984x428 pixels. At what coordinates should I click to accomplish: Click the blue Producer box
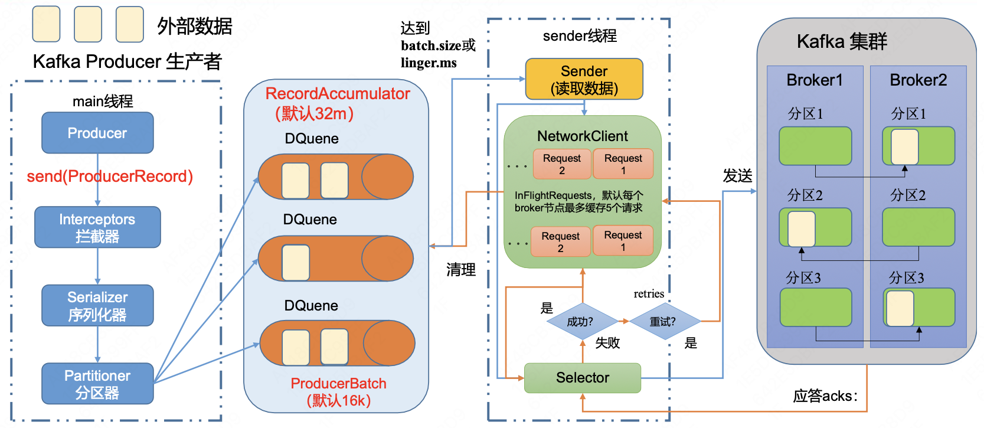click(x=97, y=133)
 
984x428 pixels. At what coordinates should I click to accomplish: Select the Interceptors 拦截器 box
click(x=97, y=227)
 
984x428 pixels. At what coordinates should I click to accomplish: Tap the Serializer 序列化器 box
click(x=97, y=306)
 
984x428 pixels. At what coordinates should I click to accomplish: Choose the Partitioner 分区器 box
click(x=97, y=384)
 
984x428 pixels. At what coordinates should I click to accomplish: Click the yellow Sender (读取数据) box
click(x=584, y=79)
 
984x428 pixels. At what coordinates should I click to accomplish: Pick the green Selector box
click(x=582, y=378)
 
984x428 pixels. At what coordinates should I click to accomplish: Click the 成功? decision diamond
click(x=581, y=322)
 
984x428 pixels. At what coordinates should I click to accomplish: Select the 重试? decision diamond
click(x=663, y=322)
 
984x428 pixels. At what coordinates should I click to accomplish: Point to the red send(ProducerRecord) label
click(x=110, y=177)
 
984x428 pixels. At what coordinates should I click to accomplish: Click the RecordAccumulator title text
click(x=338, y=94)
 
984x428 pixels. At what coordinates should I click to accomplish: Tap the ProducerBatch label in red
click(x=338, y=384)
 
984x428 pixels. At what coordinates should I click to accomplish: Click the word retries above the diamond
click(x=649, y=294)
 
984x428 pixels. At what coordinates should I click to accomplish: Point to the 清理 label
click(x=460, y=270)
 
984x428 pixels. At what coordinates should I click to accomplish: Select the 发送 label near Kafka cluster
click(x=737, y=176)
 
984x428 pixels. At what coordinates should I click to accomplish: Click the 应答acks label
click(x=825, y=396)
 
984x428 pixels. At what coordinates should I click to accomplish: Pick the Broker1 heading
click(x=815, y=80)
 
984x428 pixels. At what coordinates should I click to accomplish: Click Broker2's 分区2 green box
click(x=918, y=227)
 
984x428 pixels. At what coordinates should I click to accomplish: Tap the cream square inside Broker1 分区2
click(x=802, y=228)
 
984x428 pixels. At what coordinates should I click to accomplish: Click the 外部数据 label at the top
click(x=195, y=26)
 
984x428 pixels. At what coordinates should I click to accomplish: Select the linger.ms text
click(x=429, y=63)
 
